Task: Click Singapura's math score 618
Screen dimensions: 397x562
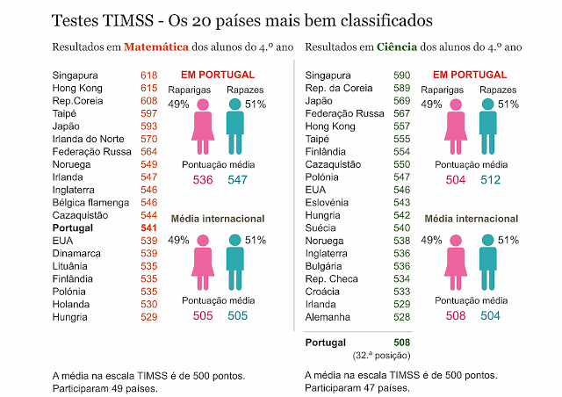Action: [x=148, y=76]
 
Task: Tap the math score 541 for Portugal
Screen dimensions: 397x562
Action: [x=148, y=227]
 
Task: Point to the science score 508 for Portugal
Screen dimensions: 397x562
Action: [x=401, y=343]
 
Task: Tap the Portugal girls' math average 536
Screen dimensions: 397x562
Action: [x=203, y=180]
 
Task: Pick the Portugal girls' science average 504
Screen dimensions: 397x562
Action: [x=456, y=180]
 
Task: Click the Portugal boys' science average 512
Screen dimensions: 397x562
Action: [x=489, y=180]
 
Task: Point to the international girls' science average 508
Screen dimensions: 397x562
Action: [x=456, y=316]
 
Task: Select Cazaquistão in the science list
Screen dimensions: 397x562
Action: [x=335, y=164]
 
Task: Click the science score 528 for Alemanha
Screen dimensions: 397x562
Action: [x=401, y=317]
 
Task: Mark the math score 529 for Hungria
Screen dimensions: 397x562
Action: [x=148, y=317]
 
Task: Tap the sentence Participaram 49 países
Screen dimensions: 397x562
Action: [x=104, y=387]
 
